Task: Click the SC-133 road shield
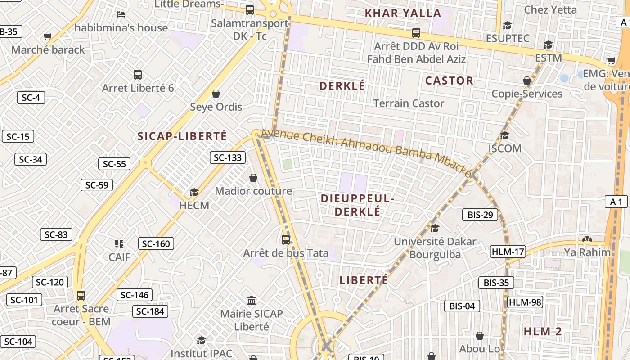point(228,157)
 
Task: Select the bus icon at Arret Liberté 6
point(138,75)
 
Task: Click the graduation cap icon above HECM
point(194,193)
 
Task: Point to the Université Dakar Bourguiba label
point(435,248)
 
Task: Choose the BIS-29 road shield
point(480,215)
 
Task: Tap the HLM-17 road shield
point(508,252)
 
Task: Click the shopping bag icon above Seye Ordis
point(216,94)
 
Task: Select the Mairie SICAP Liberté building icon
point(252,300)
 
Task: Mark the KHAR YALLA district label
point(403,13)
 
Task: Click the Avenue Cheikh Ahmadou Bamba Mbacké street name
point(367,152)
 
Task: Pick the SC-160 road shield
point(156,244)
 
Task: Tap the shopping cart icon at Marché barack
point(48,36)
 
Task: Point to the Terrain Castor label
point(409,103)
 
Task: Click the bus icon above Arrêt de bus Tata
point(286,239)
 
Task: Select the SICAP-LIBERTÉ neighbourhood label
point(182,136)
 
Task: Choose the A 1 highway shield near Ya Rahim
point(616,202)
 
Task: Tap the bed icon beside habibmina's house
point(121,14)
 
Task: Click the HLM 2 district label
point(543,332)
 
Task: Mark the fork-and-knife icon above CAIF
point(119,244)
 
